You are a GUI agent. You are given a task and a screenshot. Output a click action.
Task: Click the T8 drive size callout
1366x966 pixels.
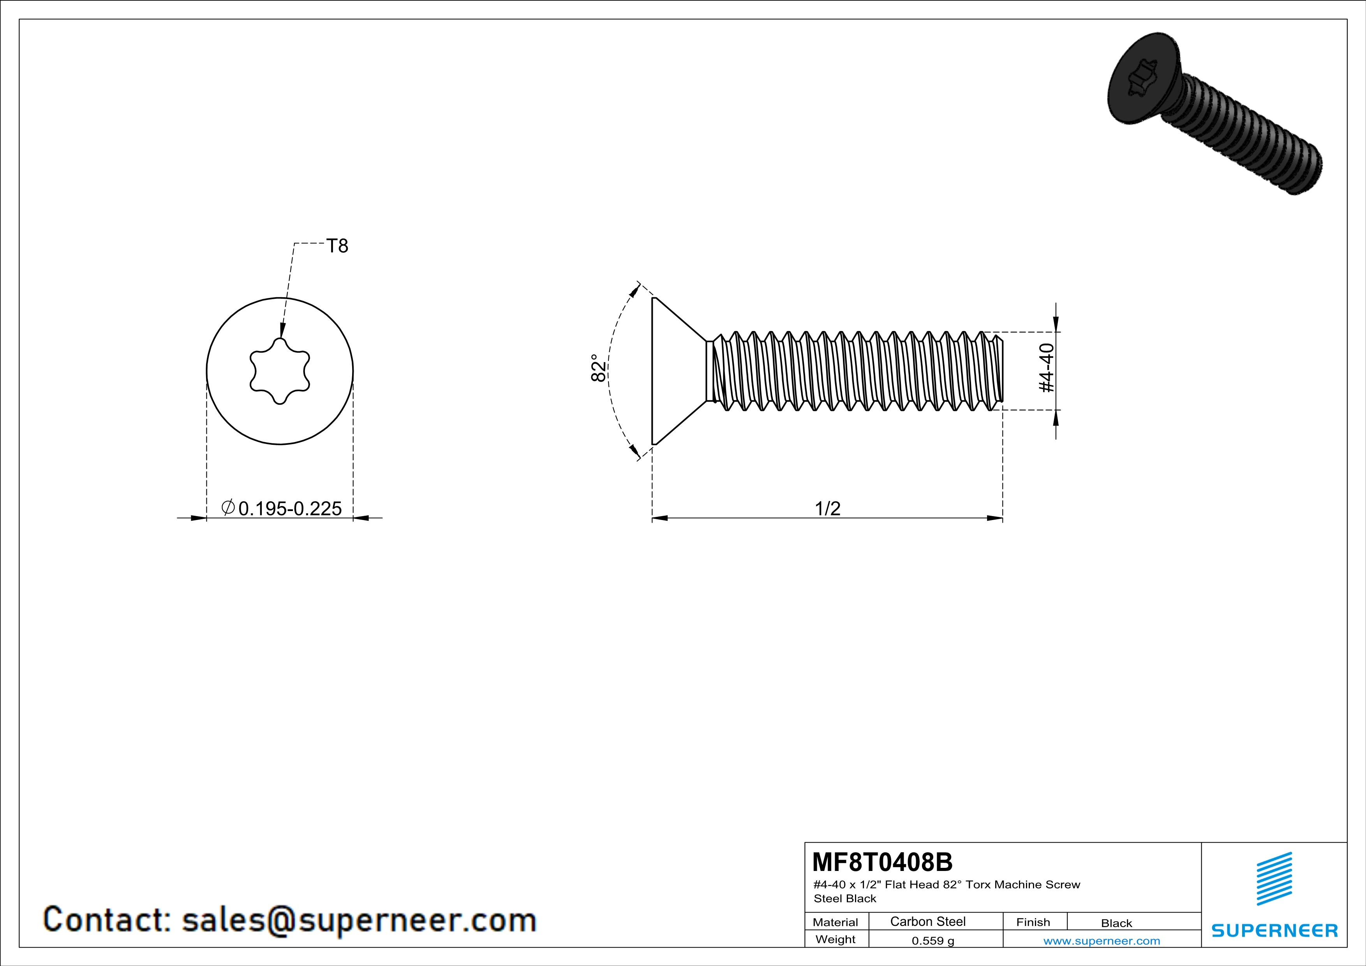(337, 246)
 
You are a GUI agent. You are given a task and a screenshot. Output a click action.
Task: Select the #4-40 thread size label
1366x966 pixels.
(1047, 368)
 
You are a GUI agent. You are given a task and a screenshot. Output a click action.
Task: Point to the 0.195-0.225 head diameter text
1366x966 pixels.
(290, 509)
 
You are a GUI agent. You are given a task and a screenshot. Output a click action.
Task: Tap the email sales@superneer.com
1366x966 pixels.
(359, 920)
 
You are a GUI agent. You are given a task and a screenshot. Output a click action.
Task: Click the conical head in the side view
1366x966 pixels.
(675, 371)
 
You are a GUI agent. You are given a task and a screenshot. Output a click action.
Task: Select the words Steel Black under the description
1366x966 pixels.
(845, 899)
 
